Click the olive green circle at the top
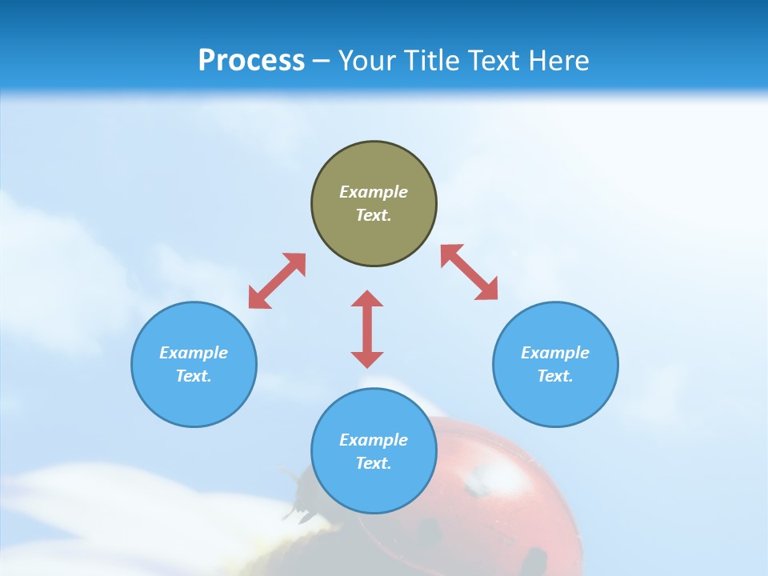point(374,204)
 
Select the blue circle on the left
point(194,364)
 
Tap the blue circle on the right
point(555,364)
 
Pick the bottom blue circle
point(374,451)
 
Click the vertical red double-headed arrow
point(367,329)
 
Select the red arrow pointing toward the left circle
point(277,281)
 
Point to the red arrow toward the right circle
point(469,272)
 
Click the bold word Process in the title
point(251,60)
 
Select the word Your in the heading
point(367,60)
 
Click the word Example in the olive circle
point(374,192)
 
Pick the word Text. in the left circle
point(194,376)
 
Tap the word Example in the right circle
point(555,353)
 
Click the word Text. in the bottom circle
point(374,463)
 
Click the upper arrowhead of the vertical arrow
point(367,298)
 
